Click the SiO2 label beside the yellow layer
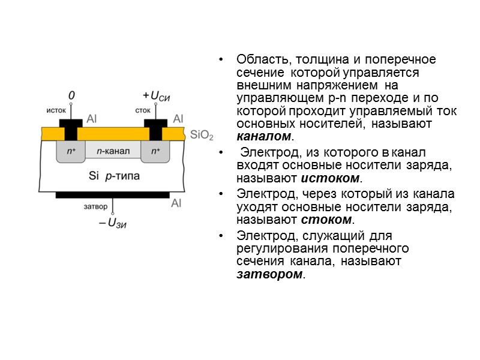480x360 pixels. tap(202, 134)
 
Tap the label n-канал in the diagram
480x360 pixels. tap(112, 151)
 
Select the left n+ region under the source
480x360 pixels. tap(71, 151)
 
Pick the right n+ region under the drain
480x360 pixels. tap(155, 151)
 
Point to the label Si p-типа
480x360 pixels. tap(114, 176)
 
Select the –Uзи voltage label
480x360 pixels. tap(113, 223)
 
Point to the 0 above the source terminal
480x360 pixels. tap(71, 95)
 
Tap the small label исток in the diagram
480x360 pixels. tap(56, 110)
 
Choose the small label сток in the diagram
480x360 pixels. tap(143, 110)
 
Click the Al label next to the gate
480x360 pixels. tap(176, 203)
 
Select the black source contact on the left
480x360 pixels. tap(71, 128)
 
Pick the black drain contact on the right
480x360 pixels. tap(155, 128)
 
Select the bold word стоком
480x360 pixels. tap(328, 220)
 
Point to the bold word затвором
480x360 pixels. tap(270, 275)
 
